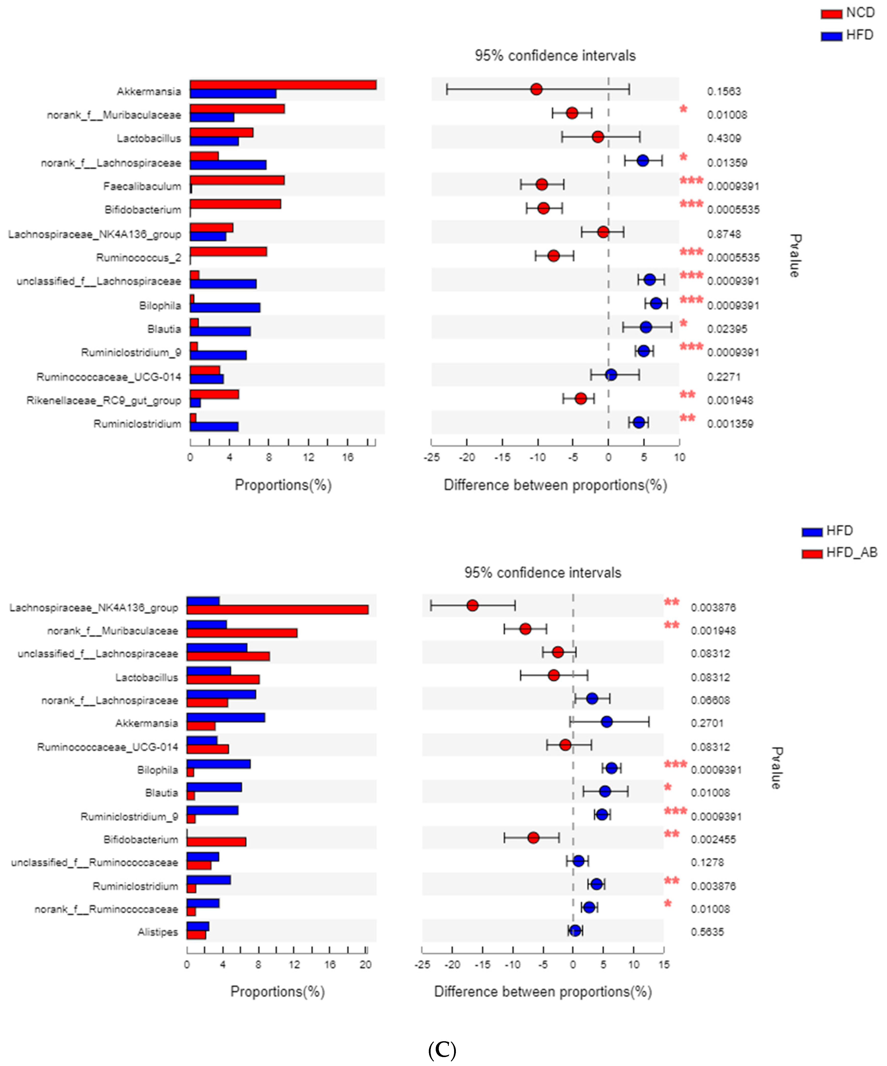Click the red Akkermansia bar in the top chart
[x=283, y=85]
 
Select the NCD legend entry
[x=848, y=13]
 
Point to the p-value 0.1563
[x=724, y=91]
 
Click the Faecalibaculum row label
[x=142, y=186]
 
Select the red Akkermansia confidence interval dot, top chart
[x=536, y=89]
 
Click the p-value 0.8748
[x=724, y=234]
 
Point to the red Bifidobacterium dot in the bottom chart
[x=533, y=838]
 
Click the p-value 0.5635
[x=707, y=932]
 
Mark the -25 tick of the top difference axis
[x=432, y=457]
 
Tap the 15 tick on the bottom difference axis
[x=664, y=964]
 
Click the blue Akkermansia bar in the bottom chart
[x=225, y=717]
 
